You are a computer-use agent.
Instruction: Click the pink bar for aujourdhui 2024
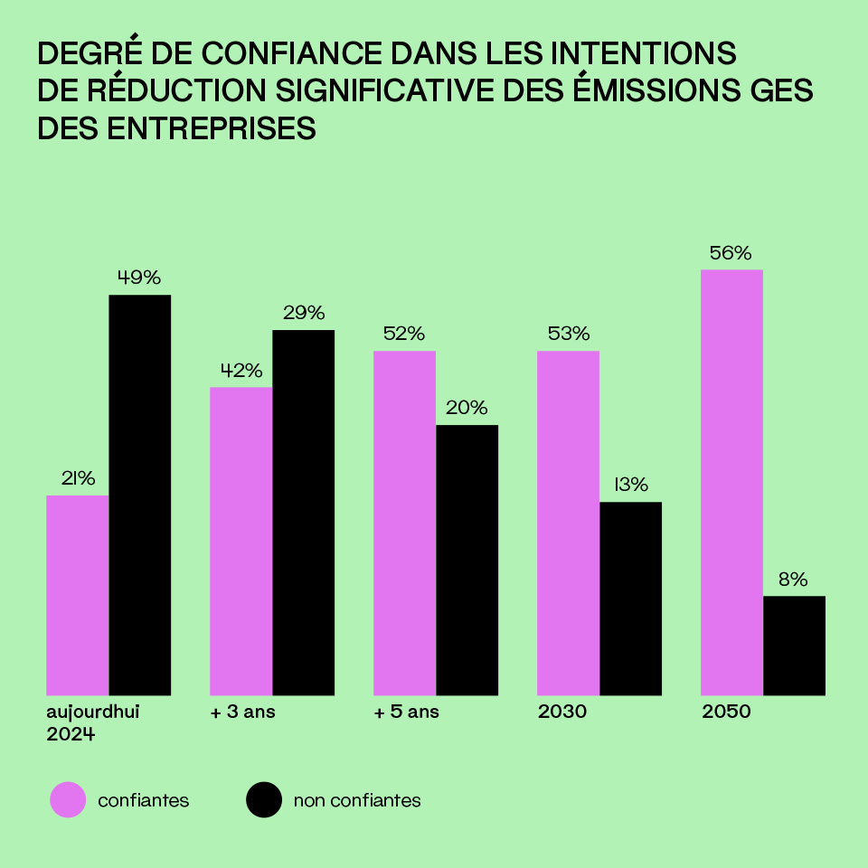point(78,595)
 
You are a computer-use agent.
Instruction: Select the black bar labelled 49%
point(140,495)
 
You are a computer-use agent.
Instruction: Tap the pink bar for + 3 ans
point(241,541)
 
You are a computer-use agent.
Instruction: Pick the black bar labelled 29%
point(304,513)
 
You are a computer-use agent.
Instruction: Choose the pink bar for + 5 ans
point(405,523)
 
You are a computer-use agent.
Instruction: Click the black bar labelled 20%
point(467,560)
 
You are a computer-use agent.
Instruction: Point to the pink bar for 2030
point(569,523)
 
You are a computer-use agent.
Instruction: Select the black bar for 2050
point(795,646)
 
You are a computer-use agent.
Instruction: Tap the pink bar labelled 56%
point(732,482)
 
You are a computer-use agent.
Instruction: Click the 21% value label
point(78,479)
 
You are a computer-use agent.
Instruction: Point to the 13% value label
point(631,485)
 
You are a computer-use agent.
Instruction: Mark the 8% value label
point(793,580)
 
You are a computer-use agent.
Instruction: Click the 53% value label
point(569,334)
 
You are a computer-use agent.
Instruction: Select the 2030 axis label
point(562,712)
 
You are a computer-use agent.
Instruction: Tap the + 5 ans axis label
point(407,712)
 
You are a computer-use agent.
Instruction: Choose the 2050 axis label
point(726,712)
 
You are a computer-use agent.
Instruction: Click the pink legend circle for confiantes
point(68,800)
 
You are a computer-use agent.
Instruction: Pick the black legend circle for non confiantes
point(264,800)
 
